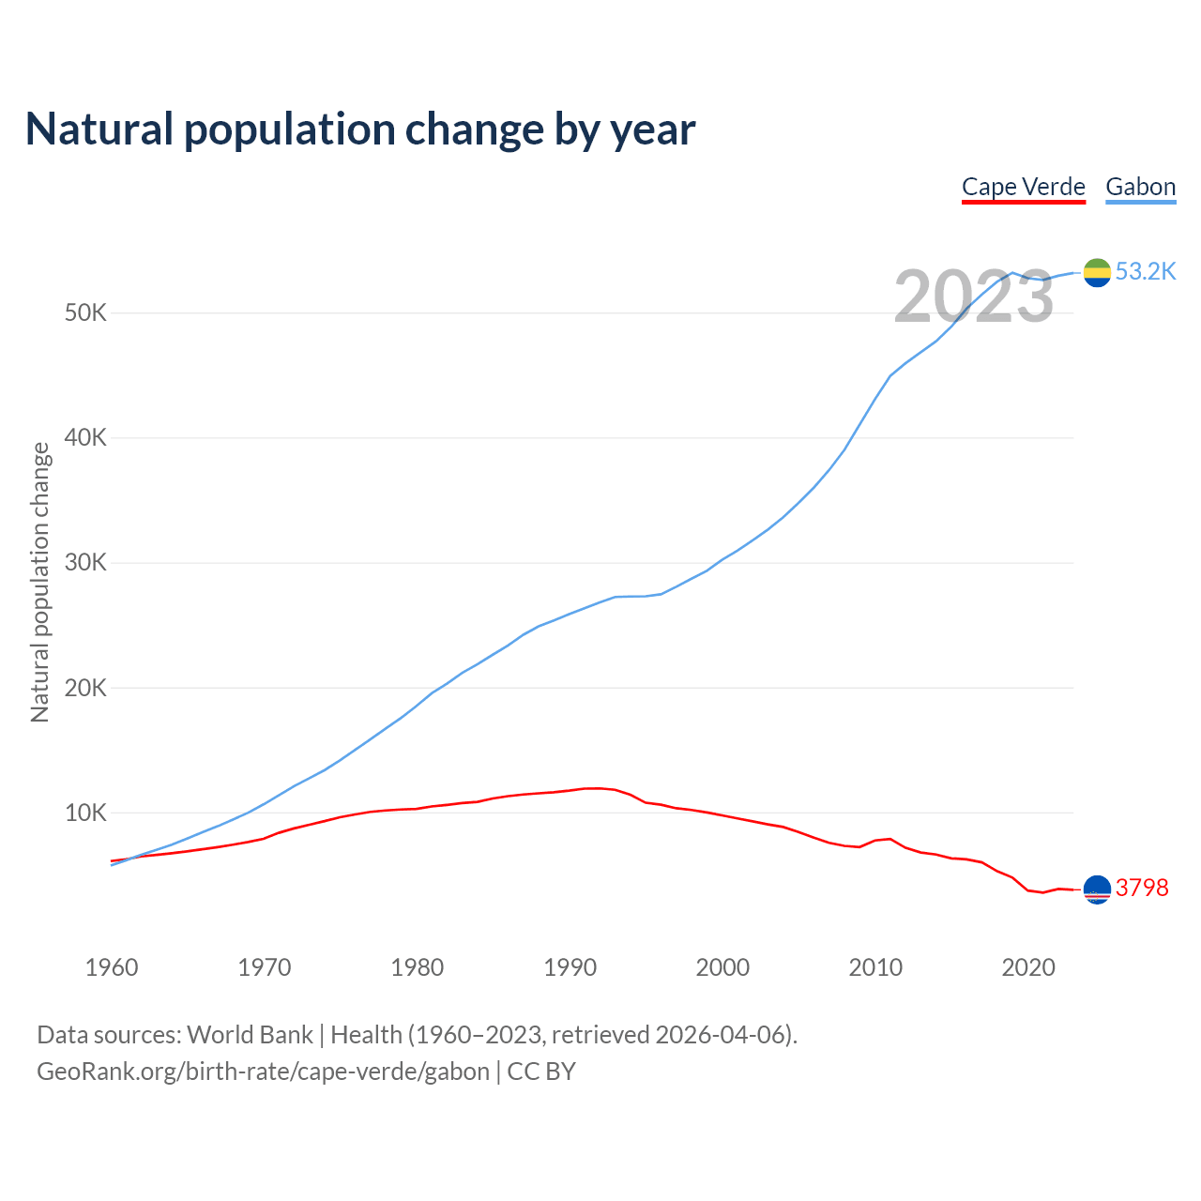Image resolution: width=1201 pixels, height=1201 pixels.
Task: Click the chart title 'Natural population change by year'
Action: (360, 129)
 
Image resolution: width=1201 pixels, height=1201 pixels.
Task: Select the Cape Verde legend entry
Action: (1024, 187)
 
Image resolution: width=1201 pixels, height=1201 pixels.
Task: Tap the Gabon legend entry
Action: (1140, 187)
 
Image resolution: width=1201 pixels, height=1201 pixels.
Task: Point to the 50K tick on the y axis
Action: (86, 312)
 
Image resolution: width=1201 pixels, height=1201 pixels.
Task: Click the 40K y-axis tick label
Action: (86, 437)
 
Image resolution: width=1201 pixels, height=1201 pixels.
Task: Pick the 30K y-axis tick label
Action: (86, 563)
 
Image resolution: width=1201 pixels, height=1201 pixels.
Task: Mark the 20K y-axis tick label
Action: (86, 688)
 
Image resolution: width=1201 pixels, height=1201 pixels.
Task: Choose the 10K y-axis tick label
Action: (86, 813)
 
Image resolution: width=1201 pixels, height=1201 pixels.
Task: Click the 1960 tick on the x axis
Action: (112, 967)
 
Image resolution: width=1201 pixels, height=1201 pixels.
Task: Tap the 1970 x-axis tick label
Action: (265, 967)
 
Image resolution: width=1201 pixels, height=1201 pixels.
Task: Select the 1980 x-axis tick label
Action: (418, 967)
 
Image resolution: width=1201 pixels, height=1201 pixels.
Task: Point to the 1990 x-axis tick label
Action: (570, 967)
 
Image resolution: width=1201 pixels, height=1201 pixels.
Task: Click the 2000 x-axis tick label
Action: (723, 967)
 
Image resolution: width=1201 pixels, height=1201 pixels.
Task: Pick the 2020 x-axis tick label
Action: (1028, 967)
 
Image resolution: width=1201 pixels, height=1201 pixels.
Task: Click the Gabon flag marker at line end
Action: (1097, 272)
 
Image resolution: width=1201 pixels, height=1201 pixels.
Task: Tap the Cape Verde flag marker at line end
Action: (1097, 889)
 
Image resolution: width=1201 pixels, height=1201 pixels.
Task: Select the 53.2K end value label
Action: (1146, 272)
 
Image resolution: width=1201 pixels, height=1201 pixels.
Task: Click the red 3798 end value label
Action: (1142, 888)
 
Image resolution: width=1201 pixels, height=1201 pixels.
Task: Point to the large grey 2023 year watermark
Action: (974, 297)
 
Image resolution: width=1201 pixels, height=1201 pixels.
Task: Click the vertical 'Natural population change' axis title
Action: (40, 582)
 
